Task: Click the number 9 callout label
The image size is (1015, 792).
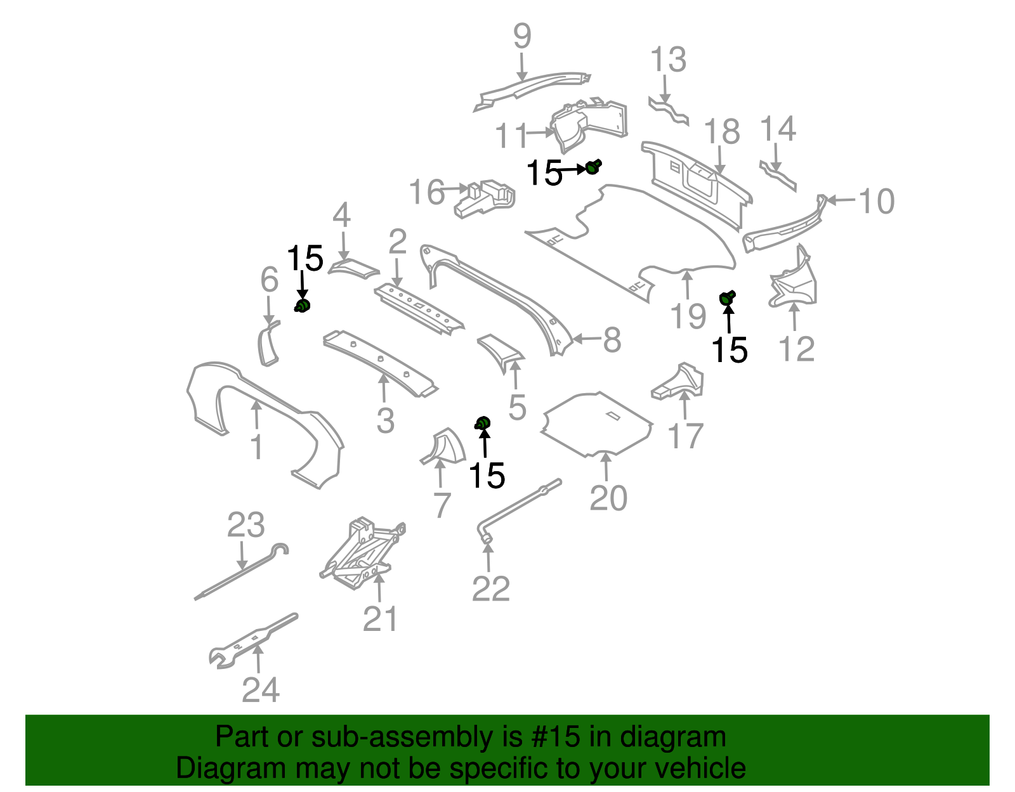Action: [521, 37]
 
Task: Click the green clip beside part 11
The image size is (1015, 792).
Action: [593, 167]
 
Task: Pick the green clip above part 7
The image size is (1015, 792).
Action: [483, 423]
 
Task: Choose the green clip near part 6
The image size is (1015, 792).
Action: [303, 306]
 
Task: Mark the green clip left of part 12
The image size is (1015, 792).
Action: [727, 297]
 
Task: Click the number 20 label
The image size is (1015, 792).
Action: [608, 498]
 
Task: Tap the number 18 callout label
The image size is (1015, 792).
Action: [722, 132]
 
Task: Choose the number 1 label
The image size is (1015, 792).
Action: [256, 448]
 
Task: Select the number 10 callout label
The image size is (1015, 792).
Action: [876, 202]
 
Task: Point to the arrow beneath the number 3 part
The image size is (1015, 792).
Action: [383, 388]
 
